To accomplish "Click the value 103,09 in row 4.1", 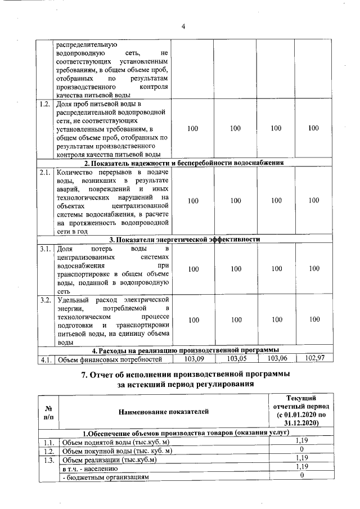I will point(192,358).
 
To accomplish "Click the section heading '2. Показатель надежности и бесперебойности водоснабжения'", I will point(188,163).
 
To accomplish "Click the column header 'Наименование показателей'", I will point(163,412).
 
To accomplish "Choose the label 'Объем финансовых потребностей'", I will point(110,359).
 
